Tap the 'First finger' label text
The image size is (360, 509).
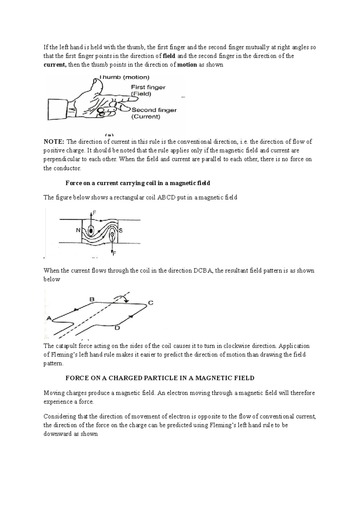148,87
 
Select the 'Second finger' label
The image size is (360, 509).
154,110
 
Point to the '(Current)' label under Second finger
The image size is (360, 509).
145,117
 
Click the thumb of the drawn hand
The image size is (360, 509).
95,84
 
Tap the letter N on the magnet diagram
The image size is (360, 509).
78,231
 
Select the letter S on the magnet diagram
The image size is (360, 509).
121,231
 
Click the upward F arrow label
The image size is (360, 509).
94,213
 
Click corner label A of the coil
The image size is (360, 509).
49,318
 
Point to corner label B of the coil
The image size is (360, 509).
92,299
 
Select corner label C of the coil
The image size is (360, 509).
151,303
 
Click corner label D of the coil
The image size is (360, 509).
117,328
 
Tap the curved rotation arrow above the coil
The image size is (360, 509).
121,297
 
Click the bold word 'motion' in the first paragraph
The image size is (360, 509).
187,65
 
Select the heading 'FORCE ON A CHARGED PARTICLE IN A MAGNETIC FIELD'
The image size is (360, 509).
160,378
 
